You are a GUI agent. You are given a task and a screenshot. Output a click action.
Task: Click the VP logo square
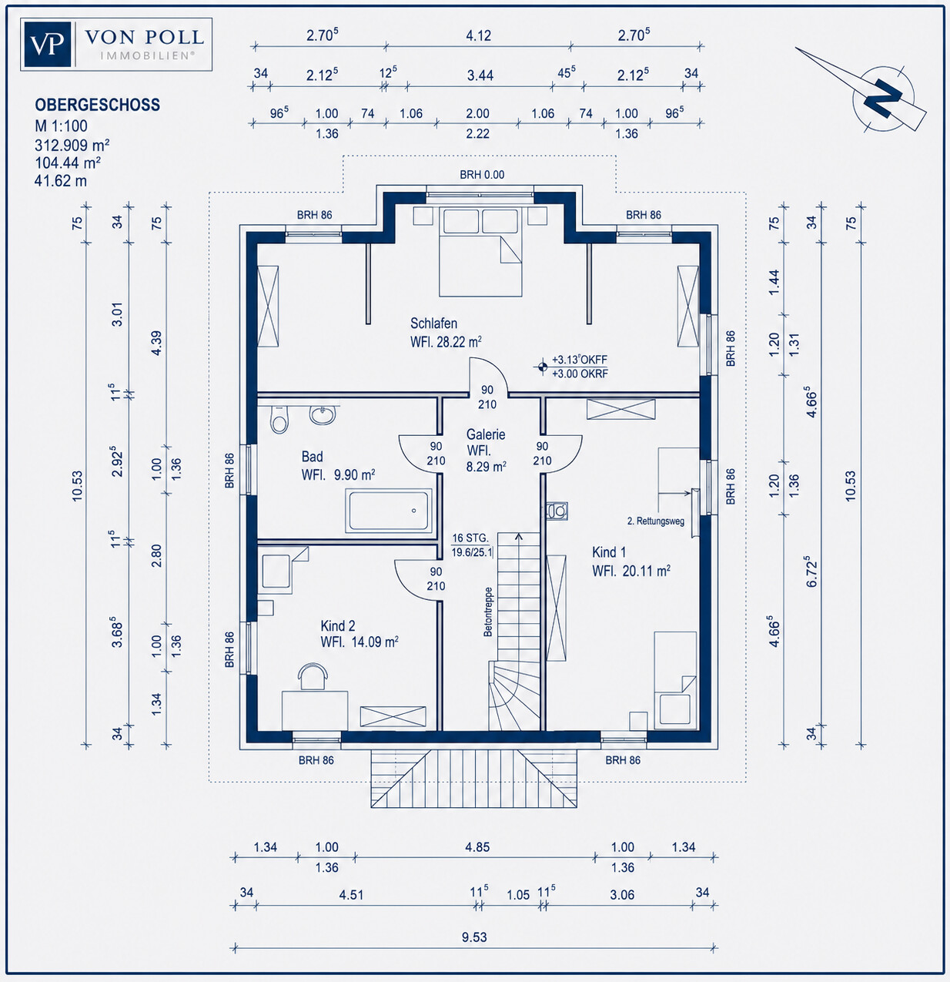(x=48, y=45)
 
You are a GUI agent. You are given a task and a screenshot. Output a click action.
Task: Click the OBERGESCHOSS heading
(x=97, y=105)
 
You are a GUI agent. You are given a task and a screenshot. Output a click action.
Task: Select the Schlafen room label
(x=434, y=323)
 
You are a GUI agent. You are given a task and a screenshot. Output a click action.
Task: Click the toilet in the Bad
(x=279, y=419)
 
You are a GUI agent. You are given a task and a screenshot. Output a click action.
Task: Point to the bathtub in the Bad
(x=389, y=511)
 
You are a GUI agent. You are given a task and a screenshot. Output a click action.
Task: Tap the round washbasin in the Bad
(x=323, y=414)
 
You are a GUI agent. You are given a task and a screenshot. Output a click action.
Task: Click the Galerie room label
(x=485, y=434)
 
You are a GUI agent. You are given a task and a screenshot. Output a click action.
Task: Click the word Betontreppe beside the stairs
(x=488, y=612)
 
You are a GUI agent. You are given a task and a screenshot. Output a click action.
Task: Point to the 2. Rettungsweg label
(x=656, y=521)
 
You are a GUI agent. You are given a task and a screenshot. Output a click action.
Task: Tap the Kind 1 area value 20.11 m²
(x=647, y=571)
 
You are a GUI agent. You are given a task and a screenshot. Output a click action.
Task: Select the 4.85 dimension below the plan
(x=477, y=846)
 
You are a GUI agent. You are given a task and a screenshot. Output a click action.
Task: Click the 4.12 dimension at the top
(x=478, y=36)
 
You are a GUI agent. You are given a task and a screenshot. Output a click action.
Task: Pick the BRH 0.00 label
(x=482, y=175)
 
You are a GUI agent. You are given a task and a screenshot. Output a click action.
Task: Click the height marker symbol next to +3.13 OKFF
(x=542, y=367)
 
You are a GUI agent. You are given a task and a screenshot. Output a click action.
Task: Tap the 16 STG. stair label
(x=470, y=538)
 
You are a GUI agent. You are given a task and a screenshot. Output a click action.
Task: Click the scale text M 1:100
(x=61, y=126)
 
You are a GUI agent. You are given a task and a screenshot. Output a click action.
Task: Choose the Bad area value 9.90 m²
(x=355, y=474)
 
